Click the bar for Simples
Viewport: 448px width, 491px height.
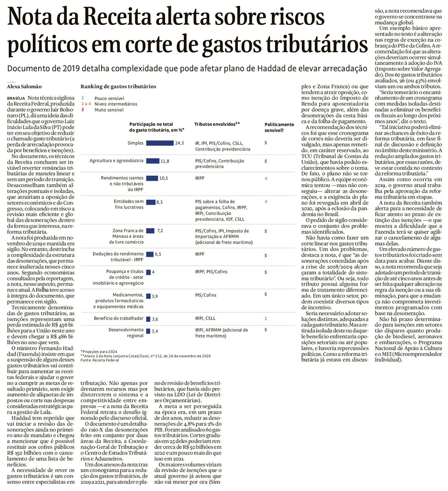(160, 143)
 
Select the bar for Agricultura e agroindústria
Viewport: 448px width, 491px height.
(152, 161)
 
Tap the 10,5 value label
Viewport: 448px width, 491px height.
(164, 178)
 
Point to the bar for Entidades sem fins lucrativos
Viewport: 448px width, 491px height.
(151, 202)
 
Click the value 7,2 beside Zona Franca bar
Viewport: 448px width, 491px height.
(160, 231)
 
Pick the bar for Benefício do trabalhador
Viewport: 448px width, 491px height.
(148, 319)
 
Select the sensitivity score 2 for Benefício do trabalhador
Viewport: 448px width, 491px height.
(265, 318)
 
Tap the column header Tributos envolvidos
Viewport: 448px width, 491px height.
(217, 124)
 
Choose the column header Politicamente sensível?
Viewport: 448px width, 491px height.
(279, 127)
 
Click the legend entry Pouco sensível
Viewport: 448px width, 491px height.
(109, 99)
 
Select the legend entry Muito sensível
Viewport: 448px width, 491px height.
(109, 110)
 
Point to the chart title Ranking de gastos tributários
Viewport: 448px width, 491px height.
(118, 87)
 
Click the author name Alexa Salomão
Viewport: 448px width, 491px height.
(24, 87)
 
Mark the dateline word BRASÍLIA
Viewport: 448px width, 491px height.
(16, 98)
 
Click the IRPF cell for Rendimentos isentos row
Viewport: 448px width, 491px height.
(200, 178)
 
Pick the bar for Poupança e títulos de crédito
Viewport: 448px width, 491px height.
(148, 272)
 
